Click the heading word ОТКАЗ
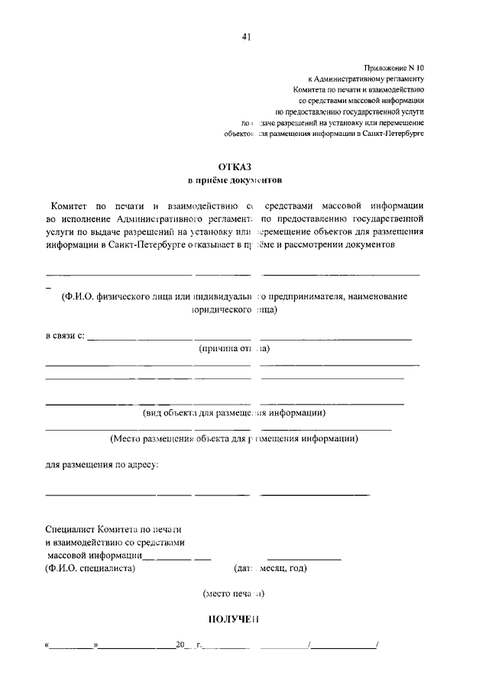pos(235,166)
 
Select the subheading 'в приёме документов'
pos(235,181)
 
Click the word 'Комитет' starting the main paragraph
pos(70,206)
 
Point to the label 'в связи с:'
pos(65,336)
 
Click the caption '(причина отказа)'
pos(235,349)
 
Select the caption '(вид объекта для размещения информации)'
pos(235,413)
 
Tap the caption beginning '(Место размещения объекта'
pos(235,439)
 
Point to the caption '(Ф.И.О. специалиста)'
pos(90,568)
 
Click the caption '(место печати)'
pos(235,593)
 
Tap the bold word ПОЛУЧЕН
pos(235,619)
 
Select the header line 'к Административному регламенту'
pos(365,79)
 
